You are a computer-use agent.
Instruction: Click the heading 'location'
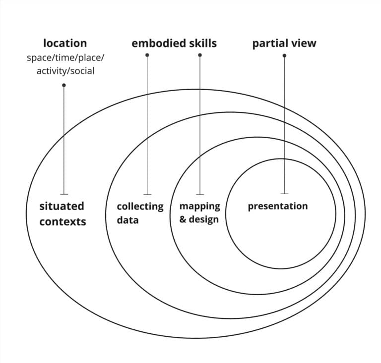(65, 43)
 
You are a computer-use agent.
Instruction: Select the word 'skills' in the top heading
(200, 43)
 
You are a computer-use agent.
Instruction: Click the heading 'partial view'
(284, 44)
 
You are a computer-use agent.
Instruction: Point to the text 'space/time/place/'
(65, 57)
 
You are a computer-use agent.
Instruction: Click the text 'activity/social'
(65, 71)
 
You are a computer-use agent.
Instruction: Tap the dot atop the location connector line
(64, 85)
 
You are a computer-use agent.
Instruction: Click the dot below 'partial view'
(284, 55)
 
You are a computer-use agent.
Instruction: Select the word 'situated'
(62, 206)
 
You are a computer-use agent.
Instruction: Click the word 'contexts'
(63, 221)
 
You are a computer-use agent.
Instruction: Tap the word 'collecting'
(140, 206)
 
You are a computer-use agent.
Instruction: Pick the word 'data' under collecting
(127, 219)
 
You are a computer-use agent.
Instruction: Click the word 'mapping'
(199, 206)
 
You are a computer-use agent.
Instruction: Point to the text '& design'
(198, 219)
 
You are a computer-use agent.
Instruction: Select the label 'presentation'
(277, 206)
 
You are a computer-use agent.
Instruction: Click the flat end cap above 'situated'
(64, 194)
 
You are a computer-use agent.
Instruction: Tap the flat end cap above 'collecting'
(147, 194)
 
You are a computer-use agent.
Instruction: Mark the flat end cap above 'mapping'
(200, 194)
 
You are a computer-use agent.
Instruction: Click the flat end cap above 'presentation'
(284, 193)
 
